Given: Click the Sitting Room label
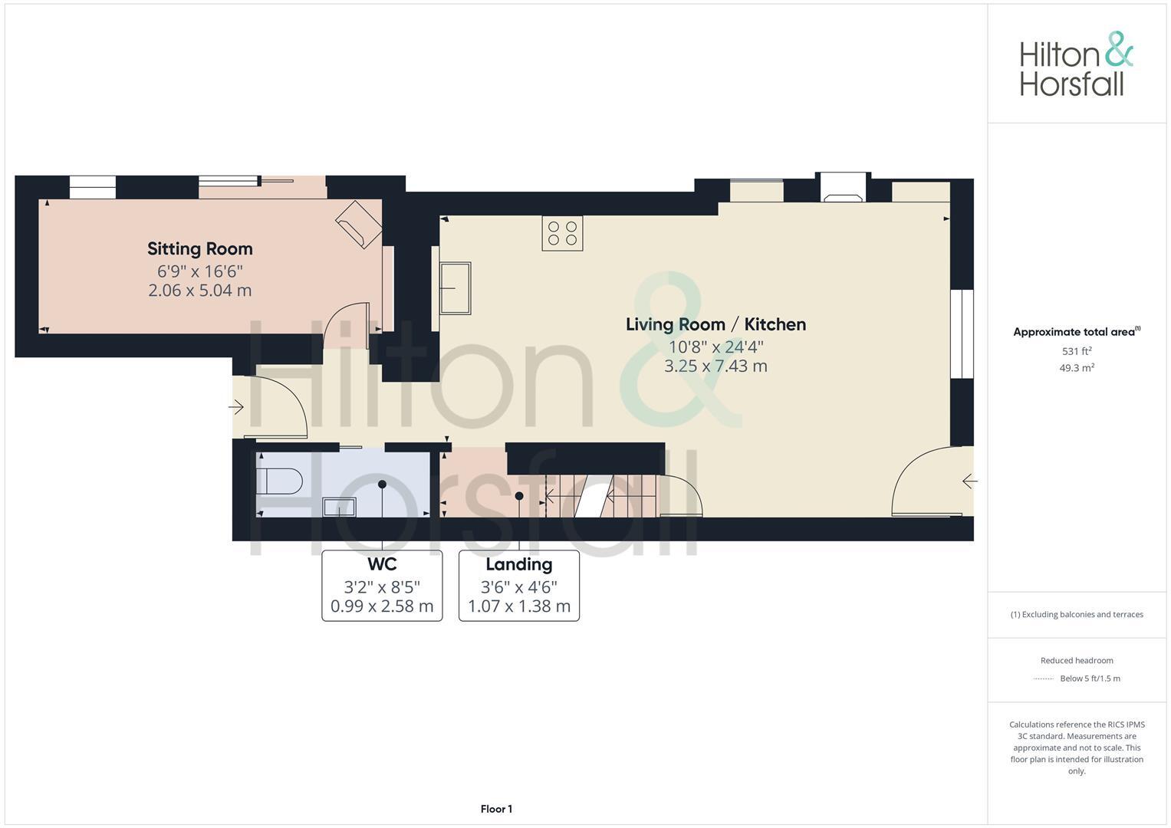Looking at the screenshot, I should point(199,248).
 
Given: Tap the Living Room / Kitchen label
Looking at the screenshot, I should point(715,324).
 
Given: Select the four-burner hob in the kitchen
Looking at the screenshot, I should point(562,233).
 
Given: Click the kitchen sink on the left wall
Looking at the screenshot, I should point(455,288).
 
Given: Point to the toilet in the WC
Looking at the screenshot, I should point(279,481).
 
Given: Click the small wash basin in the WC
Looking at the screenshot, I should point(339,507).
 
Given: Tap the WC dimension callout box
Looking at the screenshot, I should point(382,586).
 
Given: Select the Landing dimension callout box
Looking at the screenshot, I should point(519,586).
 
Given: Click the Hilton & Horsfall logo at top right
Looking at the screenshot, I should point(1076,64).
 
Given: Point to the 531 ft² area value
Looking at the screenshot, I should point(1077,351).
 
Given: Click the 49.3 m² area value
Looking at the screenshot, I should point(1077,368).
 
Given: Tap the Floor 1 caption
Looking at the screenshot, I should point(496,809).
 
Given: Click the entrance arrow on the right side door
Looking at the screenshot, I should point(969,481).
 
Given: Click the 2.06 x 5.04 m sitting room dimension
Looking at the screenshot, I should point(199,291).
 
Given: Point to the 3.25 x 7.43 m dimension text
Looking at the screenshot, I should point(715,366).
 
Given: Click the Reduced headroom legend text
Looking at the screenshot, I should point(1077,660).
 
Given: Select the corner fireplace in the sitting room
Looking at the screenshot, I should point(359,224).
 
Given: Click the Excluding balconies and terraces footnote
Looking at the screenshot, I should point(1077,614).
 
